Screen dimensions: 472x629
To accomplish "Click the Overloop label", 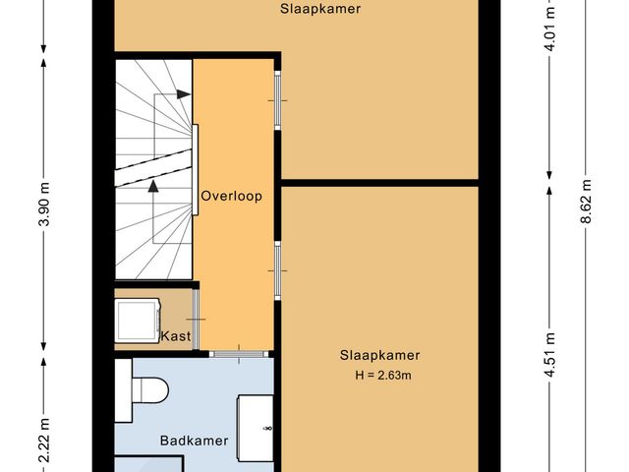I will tap(231, 196).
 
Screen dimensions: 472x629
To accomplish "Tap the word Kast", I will tap(175, 336).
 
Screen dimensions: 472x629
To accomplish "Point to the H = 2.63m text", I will tap(380, 375).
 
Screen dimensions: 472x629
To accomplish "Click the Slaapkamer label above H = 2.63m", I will tap(380, 355).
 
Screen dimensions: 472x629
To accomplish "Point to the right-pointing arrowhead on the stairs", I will tap(184, 95).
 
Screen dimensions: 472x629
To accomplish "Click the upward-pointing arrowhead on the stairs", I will tap(153, 185).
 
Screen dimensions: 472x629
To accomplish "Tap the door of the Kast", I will tap(197, 321).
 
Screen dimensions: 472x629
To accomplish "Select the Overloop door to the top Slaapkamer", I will tap(277, 102).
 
